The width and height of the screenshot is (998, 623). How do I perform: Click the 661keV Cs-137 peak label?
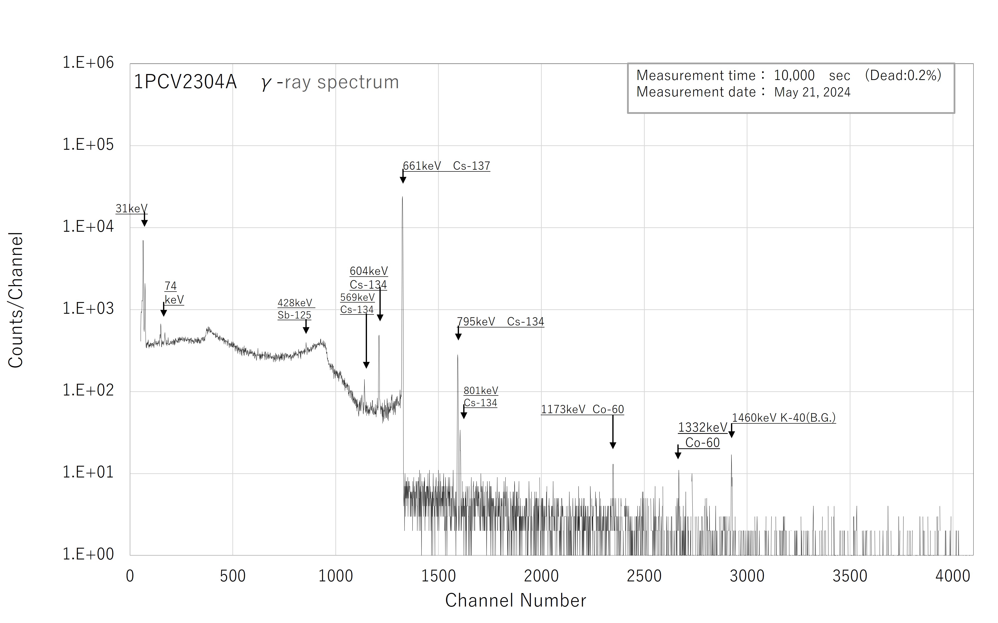(x=446, y=166)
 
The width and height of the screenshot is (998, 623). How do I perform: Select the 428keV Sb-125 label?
(x=295, y=309)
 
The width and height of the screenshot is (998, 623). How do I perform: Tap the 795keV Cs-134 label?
(x=500, y=322)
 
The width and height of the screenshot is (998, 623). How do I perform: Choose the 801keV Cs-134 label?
(x=481, y=397)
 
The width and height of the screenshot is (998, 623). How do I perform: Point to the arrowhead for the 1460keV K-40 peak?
(x=731, y=434)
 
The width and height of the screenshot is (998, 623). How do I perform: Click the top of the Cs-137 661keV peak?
(x=402, y=197)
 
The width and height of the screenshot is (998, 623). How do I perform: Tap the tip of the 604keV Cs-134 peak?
(x=379, y=336)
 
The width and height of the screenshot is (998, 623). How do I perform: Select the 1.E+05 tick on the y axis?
(x=88, y=145)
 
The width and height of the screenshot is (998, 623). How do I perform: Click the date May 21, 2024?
(x=812, y=92)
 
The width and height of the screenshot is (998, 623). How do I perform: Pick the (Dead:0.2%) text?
(x=903, y=76)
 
